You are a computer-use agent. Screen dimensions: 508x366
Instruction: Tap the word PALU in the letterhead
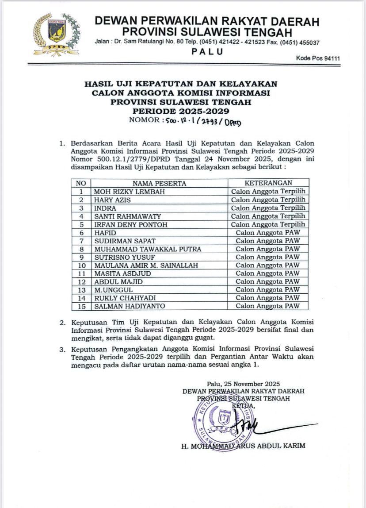207,51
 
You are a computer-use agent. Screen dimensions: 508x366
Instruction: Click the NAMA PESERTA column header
160,183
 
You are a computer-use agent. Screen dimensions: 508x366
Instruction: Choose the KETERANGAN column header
268,183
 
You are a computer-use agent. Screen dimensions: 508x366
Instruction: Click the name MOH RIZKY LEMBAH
124,192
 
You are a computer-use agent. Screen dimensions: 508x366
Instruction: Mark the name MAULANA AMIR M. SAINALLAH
145,266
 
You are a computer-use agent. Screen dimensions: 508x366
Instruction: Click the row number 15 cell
81,306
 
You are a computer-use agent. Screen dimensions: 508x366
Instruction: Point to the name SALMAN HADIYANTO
125,306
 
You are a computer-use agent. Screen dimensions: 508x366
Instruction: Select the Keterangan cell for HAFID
268,233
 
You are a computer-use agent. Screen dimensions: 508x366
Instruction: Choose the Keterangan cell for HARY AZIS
268,200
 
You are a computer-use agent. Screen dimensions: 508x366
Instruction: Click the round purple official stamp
223,420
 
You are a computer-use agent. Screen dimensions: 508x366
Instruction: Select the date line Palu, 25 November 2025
243,384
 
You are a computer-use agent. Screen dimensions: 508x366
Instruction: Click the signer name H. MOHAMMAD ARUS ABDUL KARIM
243,446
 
